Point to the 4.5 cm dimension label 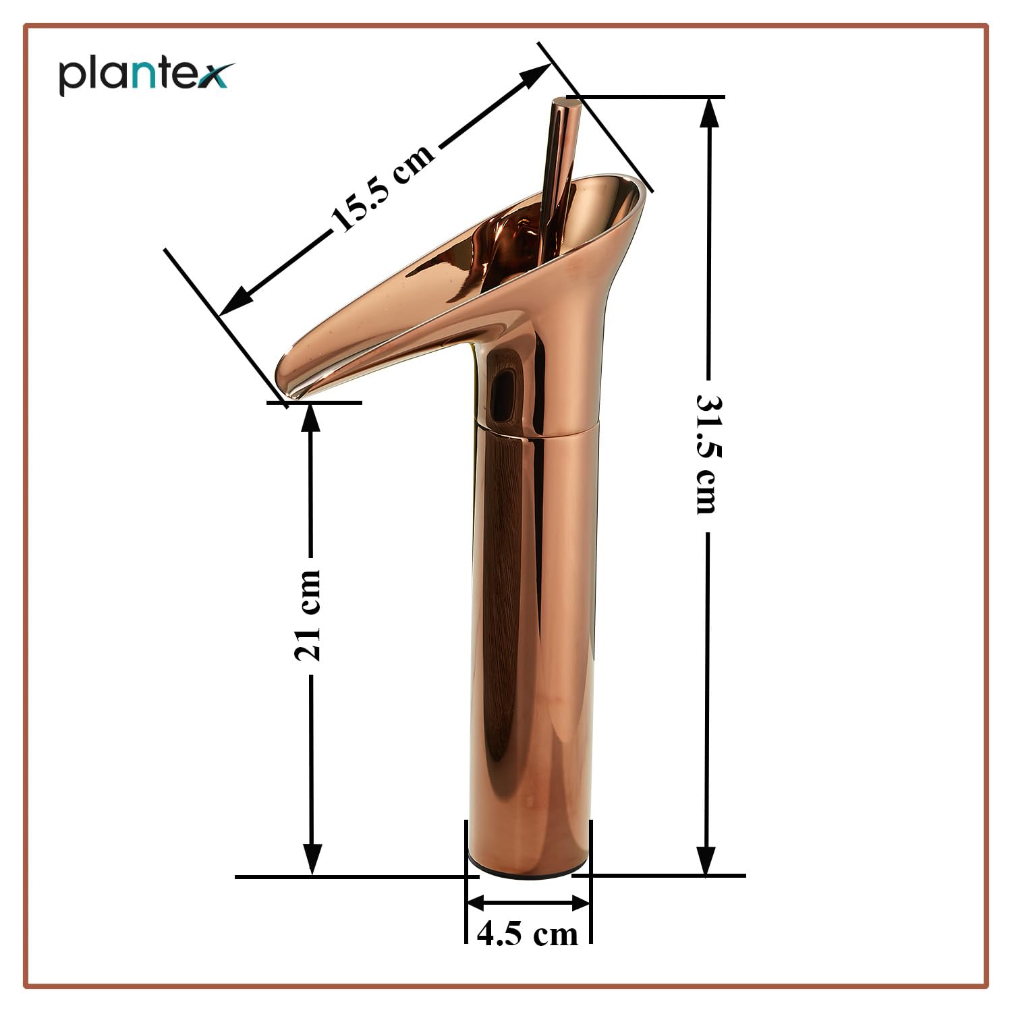pos(528,934)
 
